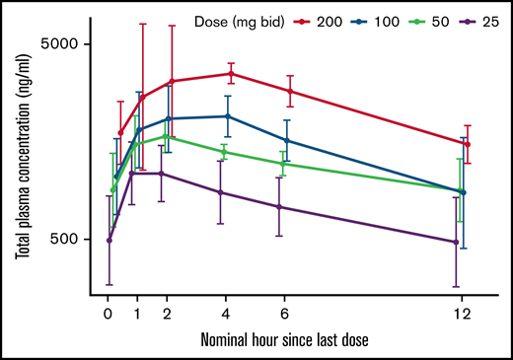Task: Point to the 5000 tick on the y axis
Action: tap(69, 44)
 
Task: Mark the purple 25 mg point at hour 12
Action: tap(456, 242)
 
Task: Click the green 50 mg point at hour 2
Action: tap(167, 136)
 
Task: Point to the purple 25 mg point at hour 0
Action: tap(109, 240)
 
